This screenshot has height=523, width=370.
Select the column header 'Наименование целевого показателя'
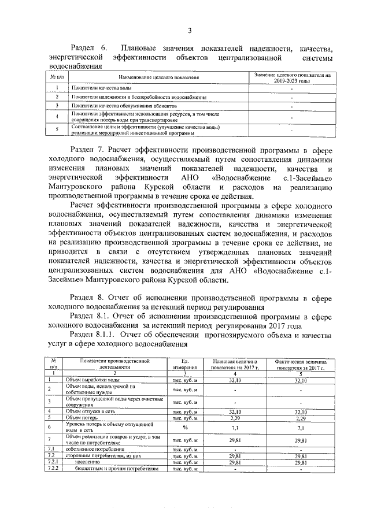[159, 77]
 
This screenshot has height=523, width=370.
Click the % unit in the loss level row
[186, 427]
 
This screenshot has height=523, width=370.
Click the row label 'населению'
[89, 462]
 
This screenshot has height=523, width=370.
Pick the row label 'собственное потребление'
[99, 449]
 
